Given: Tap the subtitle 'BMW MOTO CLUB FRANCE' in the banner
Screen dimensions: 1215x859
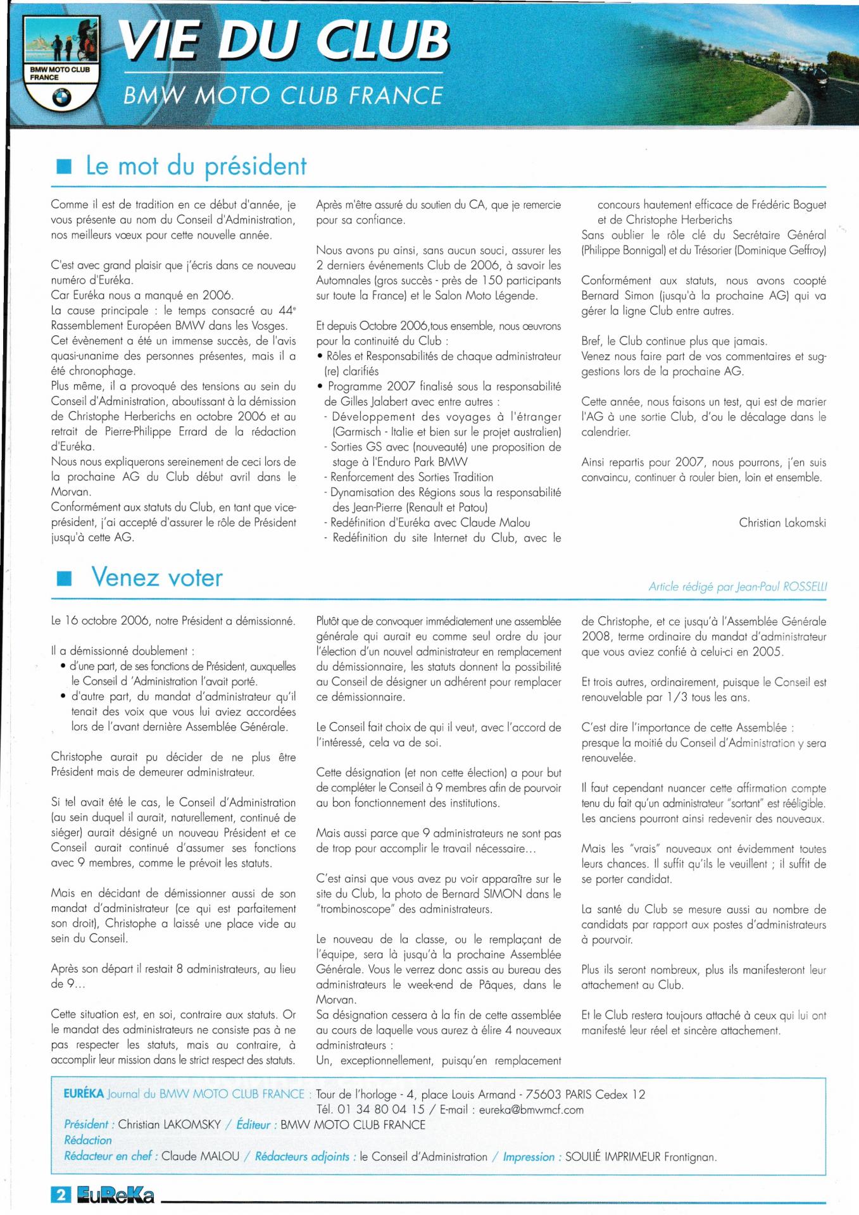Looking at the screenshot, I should coord(282,96).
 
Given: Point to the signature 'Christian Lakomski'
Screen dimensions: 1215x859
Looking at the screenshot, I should coord(782,523).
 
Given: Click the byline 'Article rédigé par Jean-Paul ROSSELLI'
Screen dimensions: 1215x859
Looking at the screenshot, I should coord(737,587).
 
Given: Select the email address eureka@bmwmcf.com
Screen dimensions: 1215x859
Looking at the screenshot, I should coord(531,1109).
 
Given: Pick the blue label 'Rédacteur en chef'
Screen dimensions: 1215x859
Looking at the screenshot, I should coord(108,1156).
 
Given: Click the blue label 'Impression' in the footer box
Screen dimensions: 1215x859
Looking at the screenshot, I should coord(529,1157).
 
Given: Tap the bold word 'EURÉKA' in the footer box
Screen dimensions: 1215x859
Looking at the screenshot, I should coord(84,1093).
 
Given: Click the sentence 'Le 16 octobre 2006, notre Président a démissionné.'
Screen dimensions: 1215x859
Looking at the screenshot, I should coord(173,621).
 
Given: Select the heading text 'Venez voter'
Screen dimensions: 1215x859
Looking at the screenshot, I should coord(157,578).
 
